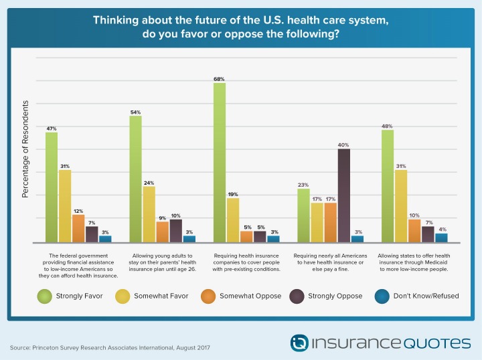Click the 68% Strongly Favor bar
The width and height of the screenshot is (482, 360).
[219, 163]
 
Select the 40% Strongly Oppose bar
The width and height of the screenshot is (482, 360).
[344, 195]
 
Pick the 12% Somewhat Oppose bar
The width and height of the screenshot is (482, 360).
[78, 228]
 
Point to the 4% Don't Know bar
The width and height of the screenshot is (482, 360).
[441, 238]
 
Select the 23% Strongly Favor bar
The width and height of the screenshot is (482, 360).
[303, 215]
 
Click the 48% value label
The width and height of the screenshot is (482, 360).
[387, 125]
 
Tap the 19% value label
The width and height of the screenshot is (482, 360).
[233, 193]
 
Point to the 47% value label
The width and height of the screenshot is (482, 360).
[51, 128]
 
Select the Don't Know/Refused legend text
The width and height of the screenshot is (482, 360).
[426, 295]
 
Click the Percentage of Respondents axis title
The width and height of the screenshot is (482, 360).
[26, 149]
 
